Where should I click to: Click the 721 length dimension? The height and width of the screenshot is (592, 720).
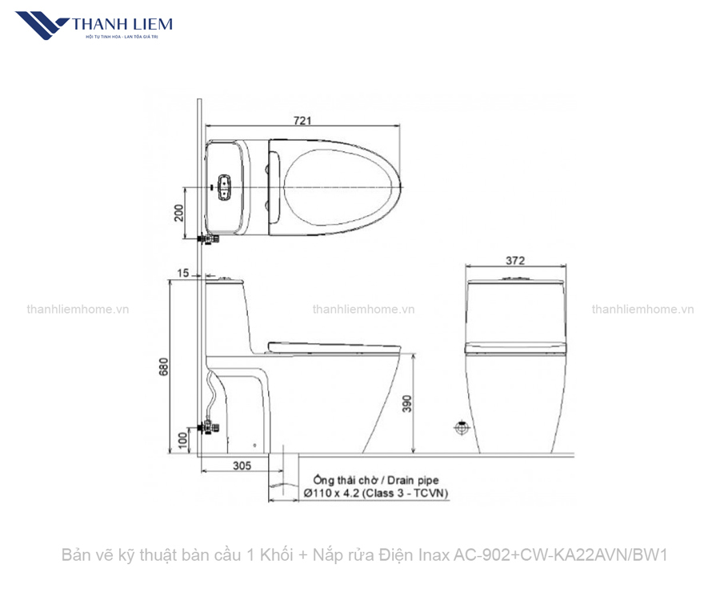pos(302,120)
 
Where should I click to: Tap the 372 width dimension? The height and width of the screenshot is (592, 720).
pos(515,260)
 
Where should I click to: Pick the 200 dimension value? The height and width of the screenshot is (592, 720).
pos(179,213)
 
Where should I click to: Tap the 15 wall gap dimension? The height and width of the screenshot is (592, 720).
pos(183,274)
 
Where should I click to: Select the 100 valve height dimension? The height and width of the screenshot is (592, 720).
pos(182,439)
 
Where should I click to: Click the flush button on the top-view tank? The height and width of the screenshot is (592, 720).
pos(225,187)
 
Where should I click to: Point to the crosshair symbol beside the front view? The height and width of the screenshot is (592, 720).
pos(461,428)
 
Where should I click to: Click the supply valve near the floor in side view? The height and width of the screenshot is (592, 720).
pos(210,426)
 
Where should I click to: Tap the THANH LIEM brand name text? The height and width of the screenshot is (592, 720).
pos(122,23)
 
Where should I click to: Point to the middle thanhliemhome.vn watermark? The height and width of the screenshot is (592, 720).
pos(363,310)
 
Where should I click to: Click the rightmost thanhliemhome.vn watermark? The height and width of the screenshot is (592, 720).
pos(642,310)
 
